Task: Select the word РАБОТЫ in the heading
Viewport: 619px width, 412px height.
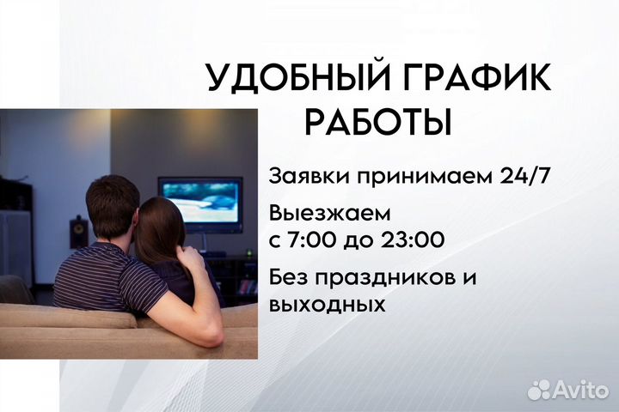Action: click(x=378, y=121)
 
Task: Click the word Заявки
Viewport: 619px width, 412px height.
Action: click(x=305, y=176)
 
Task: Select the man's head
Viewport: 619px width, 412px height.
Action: click(x=111, y=210)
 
